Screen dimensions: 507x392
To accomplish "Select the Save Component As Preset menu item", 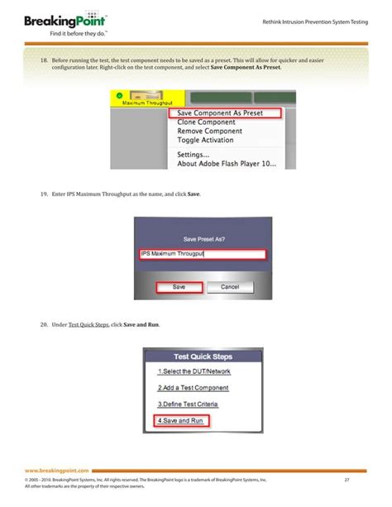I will pyautogui.click(x=224, y=112).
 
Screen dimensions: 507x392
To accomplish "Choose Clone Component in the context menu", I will pyautogui.click(x=207, y=122).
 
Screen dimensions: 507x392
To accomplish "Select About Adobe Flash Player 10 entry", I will pyautogui.click(x=227, y=164).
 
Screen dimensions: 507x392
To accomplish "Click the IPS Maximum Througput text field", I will pyautogui.click(x=203, y=254).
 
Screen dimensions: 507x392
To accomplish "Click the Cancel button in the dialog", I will pyautogui.click(x=229, y=287).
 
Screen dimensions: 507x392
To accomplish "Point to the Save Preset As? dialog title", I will pyautogui.click(x=203, y=237).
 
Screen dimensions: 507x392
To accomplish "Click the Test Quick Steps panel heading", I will pyautogui.click(x=203, y=356).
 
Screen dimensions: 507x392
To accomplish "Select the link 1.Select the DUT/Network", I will pyautogui.click(x=194, y=372).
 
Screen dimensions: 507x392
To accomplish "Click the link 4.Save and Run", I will pyautogui.click(x=180, y=420).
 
